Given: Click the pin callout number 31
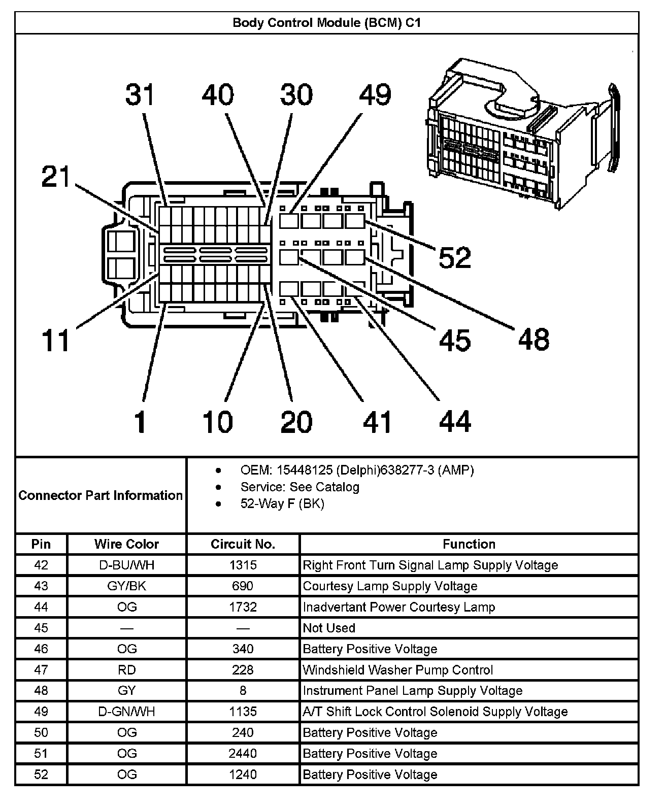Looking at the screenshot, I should tap(140, 95).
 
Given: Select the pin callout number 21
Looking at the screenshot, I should tap(56, 177).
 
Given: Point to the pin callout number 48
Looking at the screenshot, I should tap(534, 339).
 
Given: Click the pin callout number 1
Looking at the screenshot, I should tap(140, 422).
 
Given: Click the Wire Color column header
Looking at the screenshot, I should tap(126, 544).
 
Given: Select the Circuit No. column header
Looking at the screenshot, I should tap(243, 544).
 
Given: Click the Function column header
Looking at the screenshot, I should tap(469, 544).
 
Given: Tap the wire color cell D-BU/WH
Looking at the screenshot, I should tap(126, 565).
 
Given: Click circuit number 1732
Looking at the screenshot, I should tap(243, 607).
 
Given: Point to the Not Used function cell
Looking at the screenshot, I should tap(329, 628).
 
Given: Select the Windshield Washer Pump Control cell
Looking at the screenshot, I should tap(397, 670).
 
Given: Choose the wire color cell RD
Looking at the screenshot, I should tap(126, 670).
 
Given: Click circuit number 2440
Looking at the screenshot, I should tap(243, 754).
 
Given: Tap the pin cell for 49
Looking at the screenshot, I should tap(41, 712).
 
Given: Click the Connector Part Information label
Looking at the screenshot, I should tap(101, 495).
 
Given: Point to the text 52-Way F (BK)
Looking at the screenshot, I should tap(282, 503).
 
